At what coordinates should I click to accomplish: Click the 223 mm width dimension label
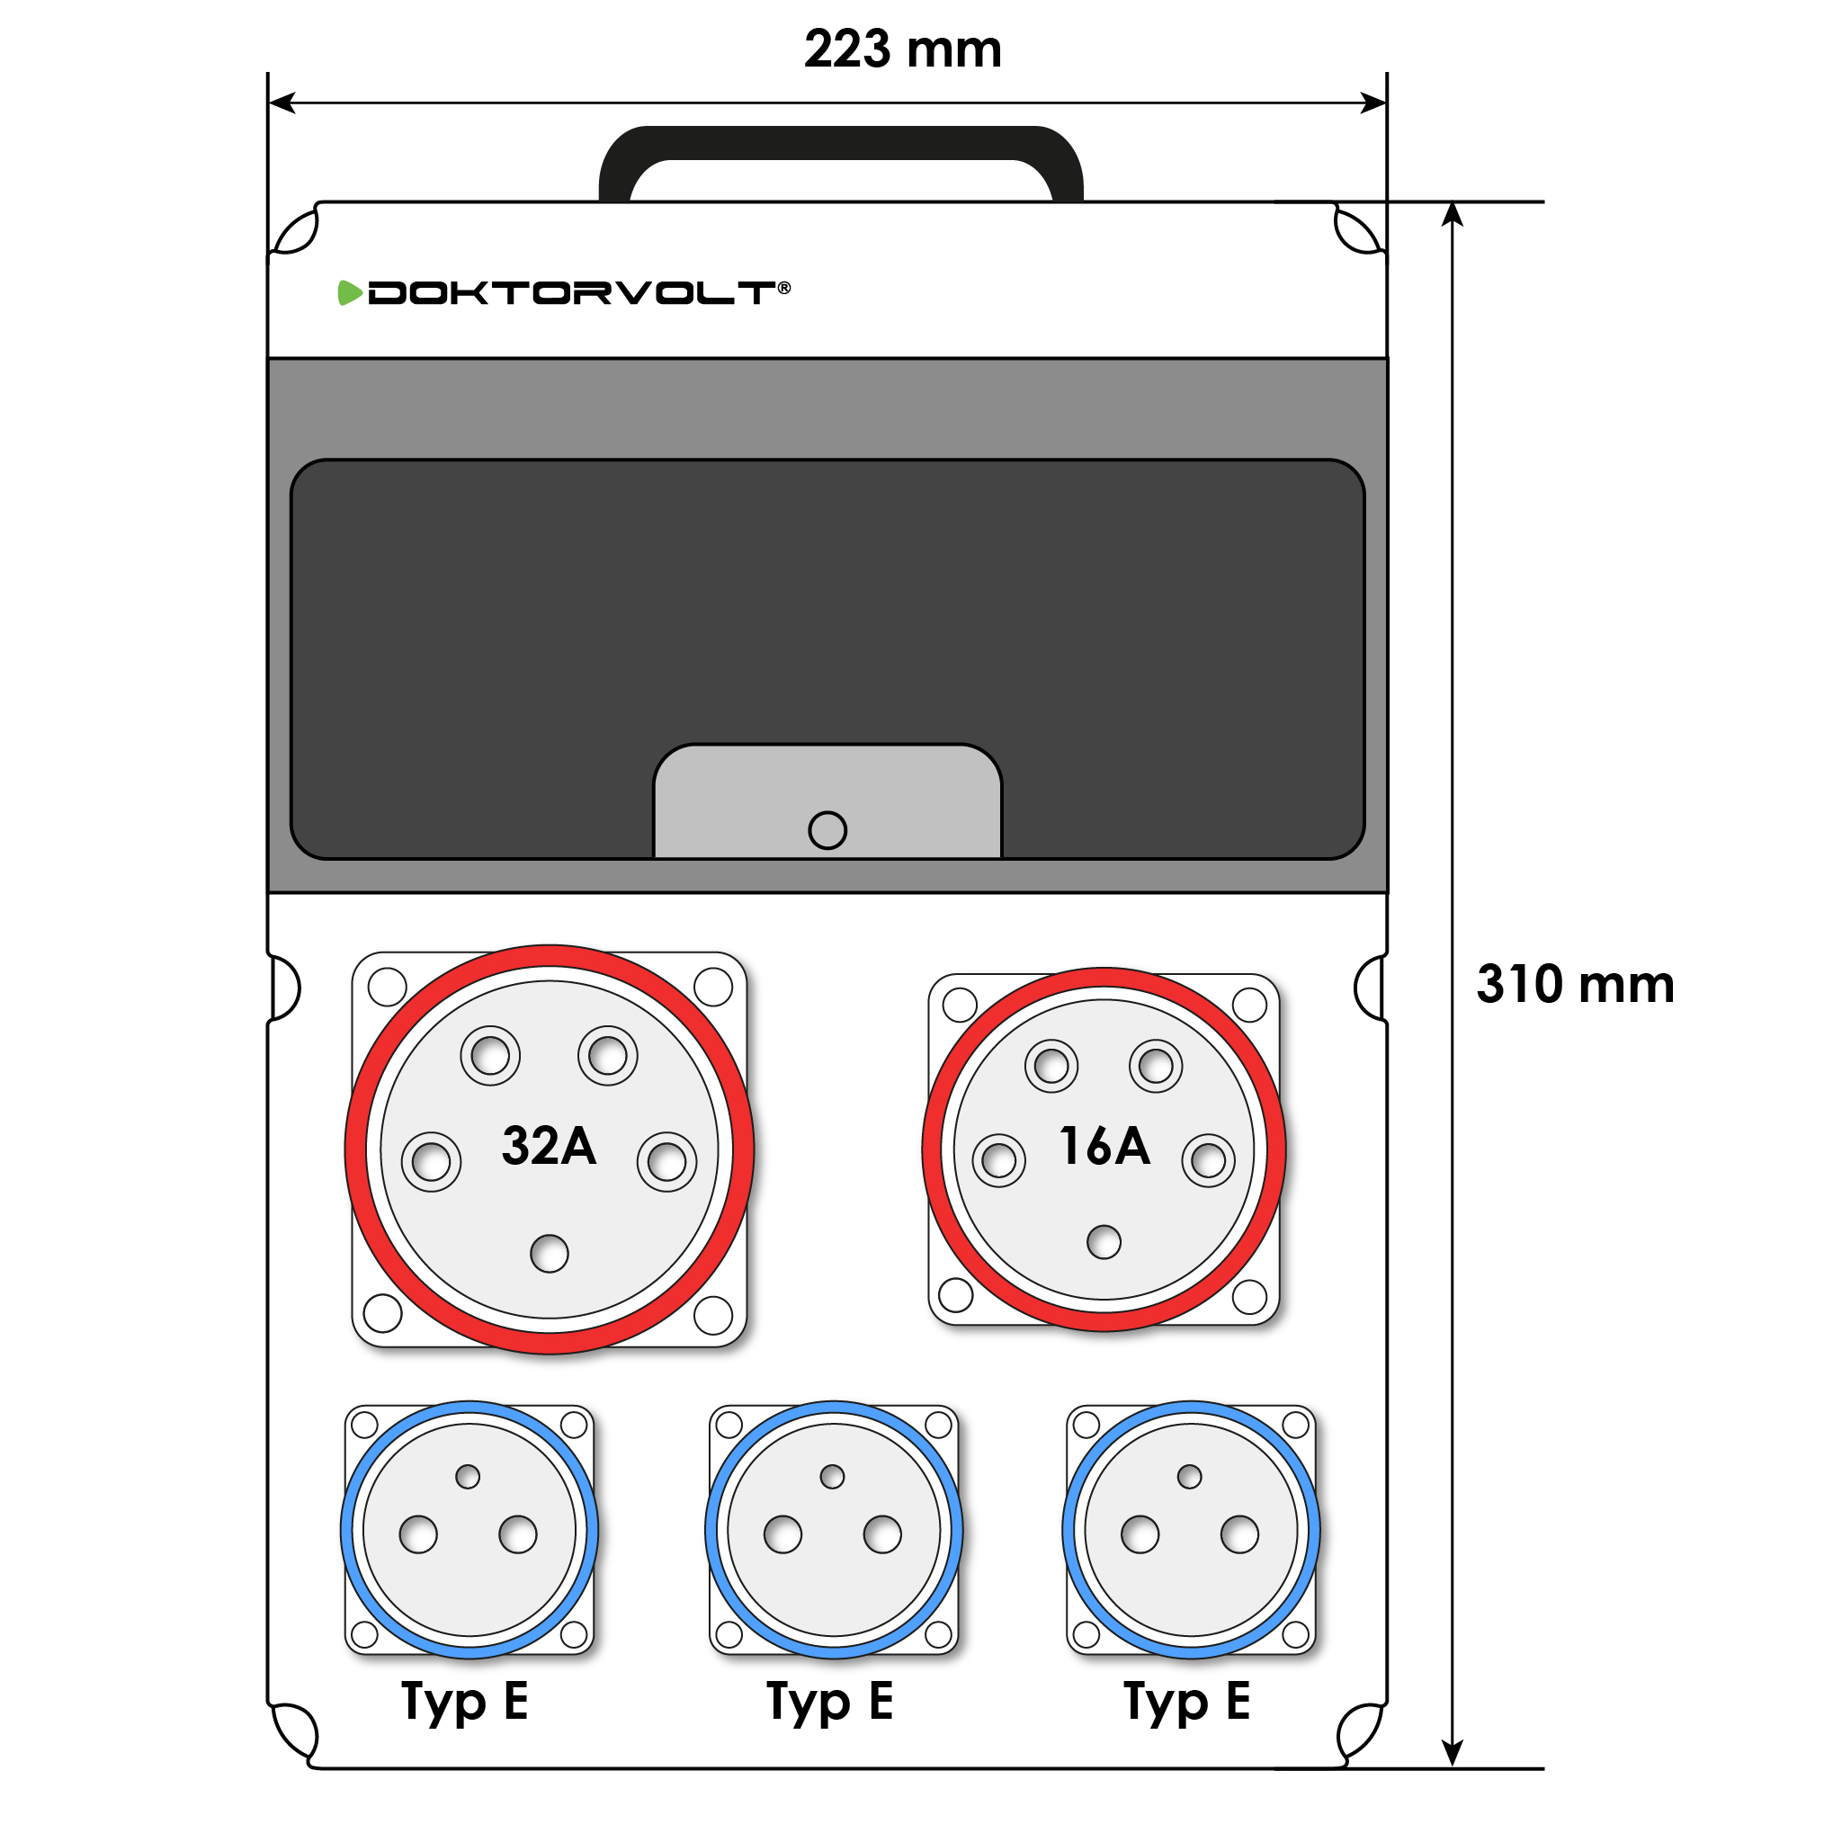pyautogui.click(x=902, y=49)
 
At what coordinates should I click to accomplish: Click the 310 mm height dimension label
pyautogui.click(x=1575, y=984)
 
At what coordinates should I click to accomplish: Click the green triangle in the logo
pyautogui.click(x=350, y=292)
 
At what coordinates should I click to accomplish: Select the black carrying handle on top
pyautogui.click(x=841, y=143)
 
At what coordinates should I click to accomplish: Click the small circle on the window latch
pyautogui.click(x=827, y=829)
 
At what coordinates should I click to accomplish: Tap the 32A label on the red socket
pyautogui.click(x=549, y=1145)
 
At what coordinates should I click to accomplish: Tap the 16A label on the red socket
pyautogui.click(x=1104, y=1145)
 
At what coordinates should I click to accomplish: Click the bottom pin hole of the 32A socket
pyautogui.click(x=550, y=1254)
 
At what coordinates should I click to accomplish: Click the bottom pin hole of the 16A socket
pyautogui.click(x=1104, y=1242)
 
